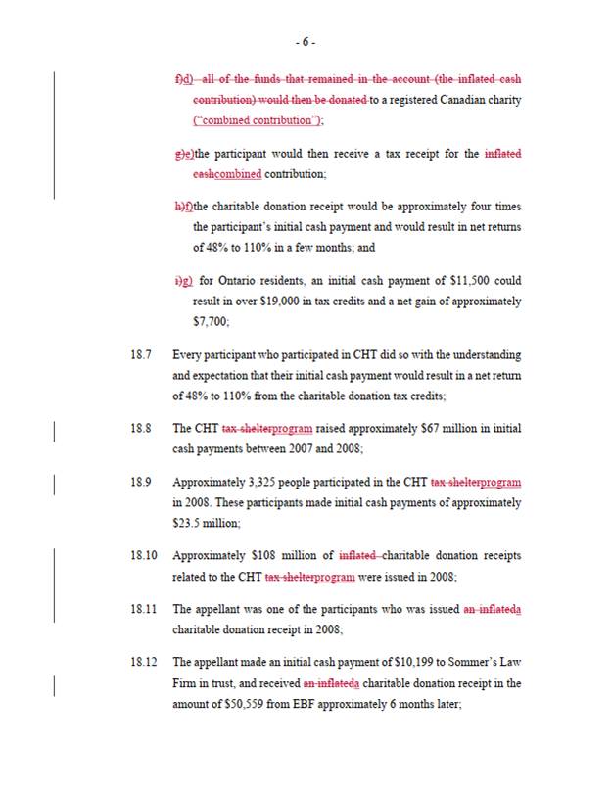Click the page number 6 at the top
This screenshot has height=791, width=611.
305,42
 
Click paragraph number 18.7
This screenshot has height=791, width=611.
141,354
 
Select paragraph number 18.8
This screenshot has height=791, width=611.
141,429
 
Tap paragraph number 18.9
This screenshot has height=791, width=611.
141,483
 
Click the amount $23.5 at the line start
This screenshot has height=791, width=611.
188,523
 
